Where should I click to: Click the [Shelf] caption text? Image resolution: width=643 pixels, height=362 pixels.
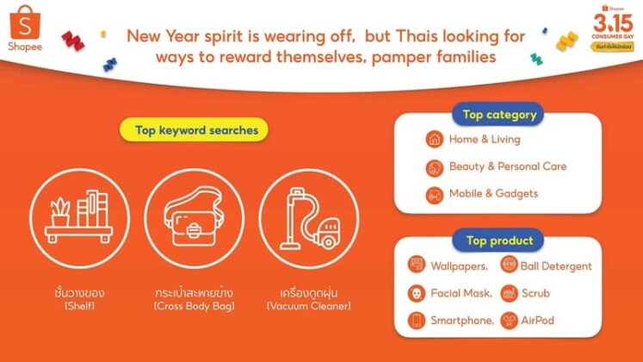tap(73, 306)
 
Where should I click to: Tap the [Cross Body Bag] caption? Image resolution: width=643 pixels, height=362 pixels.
tap(191, 306)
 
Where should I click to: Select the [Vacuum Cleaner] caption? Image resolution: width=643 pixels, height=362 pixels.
tap(308, 306)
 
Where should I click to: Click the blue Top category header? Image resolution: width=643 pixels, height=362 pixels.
tap(499, 115)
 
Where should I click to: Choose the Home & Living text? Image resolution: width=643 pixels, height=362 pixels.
tap(485, 140)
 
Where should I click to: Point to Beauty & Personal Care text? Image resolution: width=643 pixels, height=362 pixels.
tap(508, 166)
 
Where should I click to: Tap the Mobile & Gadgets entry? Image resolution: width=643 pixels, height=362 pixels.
tap(493, 193)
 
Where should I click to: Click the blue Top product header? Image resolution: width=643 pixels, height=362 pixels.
tap(499, 240)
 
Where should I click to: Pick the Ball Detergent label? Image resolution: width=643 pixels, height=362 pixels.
tap(556, 265)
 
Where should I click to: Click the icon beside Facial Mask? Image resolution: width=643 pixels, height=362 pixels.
tap(417, 293)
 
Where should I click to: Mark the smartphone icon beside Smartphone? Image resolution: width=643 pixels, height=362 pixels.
tap(417, 320)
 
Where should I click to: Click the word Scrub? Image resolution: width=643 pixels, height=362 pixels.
tap(535, 293)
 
